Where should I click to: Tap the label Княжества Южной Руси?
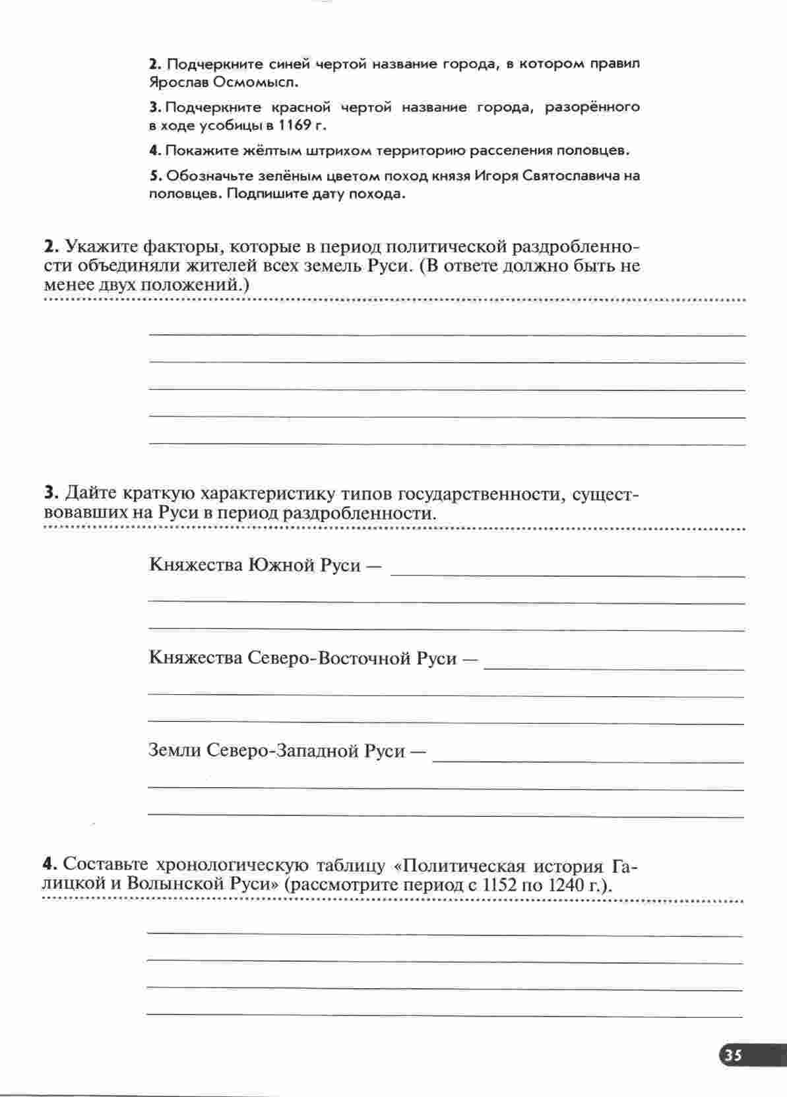pos(255,565)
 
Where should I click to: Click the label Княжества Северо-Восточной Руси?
pos(303,659)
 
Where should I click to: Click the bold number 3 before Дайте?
pos(49,494)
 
